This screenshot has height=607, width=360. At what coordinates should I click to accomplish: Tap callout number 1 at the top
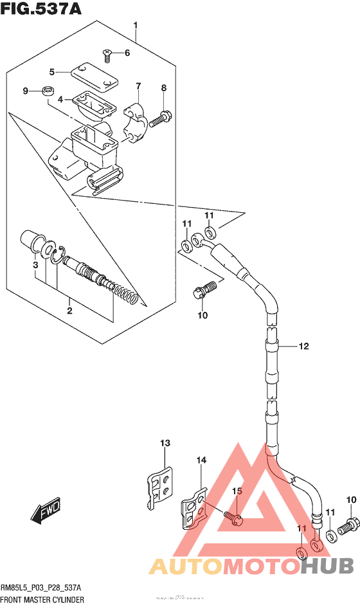pos(136,26)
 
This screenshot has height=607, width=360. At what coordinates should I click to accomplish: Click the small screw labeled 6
pos(107,55)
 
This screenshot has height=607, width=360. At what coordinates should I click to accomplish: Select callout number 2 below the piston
pos(69,311)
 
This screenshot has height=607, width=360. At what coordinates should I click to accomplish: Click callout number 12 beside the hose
pos(303,347)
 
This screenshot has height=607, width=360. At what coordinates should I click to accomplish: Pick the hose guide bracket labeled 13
pos(160,488)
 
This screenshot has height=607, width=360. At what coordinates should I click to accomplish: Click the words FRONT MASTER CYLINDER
pos(42,599)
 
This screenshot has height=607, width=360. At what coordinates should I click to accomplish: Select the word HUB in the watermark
pos(326,566)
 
